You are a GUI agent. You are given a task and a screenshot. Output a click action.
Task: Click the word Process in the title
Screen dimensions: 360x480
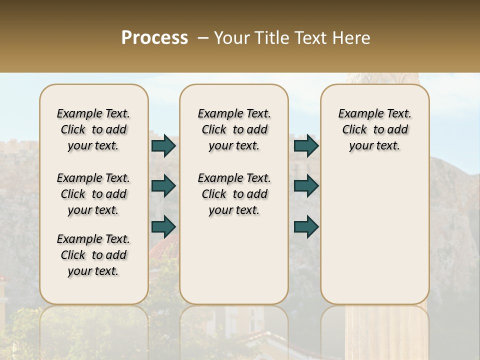pyautogui.click(x=154, y=37)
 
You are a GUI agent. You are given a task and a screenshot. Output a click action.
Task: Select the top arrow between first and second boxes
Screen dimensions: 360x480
pyautogui.click(x=163, y=145)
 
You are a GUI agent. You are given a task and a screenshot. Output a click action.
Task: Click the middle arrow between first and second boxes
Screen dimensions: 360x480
pyautogui.click(x=163, y=185)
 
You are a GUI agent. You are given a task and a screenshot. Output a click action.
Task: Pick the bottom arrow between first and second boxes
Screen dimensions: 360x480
pyautogui.click(x=163, y=226)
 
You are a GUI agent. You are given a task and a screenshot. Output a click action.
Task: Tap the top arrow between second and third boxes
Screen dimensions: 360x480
pyautogui.click(x=306, y=145)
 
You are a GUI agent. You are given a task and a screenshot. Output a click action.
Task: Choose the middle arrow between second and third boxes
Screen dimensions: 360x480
pyautogui.click(x=306, y=185)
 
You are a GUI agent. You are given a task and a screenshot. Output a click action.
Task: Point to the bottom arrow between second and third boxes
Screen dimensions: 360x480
pyautogui.click(x=306, y=226)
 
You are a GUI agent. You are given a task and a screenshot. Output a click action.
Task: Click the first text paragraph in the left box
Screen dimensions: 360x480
pyautogui.click(x=93, y=129)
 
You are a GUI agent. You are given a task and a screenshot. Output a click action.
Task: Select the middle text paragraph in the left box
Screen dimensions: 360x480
pyautogui.click(x=93, y=194)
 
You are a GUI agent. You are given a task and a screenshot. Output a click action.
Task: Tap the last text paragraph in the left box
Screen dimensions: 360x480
pyautogui.click(x=93, y=255)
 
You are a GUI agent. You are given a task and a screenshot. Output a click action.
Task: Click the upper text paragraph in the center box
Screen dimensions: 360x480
pyautogui.click(x=234, y=129)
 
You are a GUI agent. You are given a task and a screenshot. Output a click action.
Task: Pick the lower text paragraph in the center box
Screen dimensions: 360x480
pyautogui.click(x=234, y=194)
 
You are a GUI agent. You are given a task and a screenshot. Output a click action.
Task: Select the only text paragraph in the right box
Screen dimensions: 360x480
pyautogui.click(x=374, y=129)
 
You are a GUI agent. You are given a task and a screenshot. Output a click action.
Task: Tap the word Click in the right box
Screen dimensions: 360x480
pyautogui.click(x=354, y=130)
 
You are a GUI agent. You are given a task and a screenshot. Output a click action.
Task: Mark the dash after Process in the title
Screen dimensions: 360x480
pyautogui.click(x=202, y=37)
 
